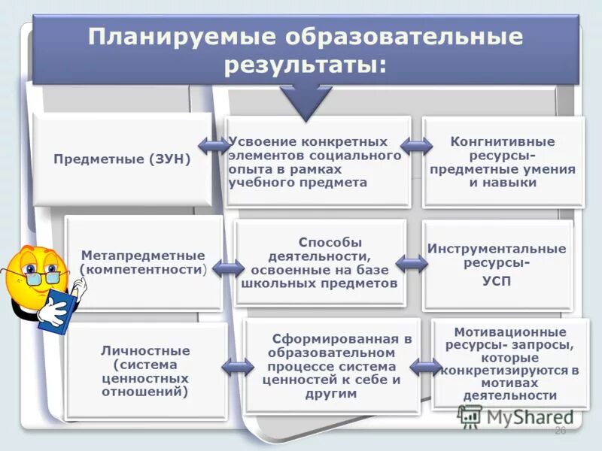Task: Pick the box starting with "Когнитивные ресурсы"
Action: pyautogui.click(x=503, y=162)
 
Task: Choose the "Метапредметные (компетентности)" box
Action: pyautogui.click(x=143, y=262)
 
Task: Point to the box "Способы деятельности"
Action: pyautogui.click(x=321, y=263)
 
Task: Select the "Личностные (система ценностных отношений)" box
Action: pyautogui.click(x=145, y=371)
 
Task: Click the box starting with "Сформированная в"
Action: pyautogui.click(x=332, y=367)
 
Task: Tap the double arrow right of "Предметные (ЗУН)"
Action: pyautogui.click(x=214, y=145)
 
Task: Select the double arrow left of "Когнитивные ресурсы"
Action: pyautogui.click(x=415, y=145)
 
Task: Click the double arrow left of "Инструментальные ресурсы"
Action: pyautogui.click(x=412, y=263)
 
